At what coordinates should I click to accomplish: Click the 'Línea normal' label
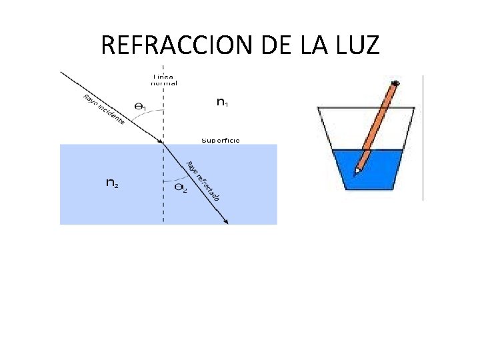[164, 79]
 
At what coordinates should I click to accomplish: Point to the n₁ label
[223, 102]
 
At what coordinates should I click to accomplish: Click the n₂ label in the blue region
[113, 183]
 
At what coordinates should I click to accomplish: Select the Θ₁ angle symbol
[141, 107]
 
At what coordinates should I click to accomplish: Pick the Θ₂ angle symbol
[180, 189]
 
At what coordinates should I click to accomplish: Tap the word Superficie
[221, 141]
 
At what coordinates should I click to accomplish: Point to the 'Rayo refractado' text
[203, 181]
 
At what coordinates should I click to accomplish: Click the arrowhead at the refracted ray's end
[227, 222]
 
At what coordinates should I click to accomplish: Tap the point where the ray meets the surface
[163, 143]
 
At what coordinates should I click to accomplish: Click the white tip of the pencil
[357, 171]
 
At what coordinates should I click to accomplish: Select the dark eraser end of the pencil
[395, 83]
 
